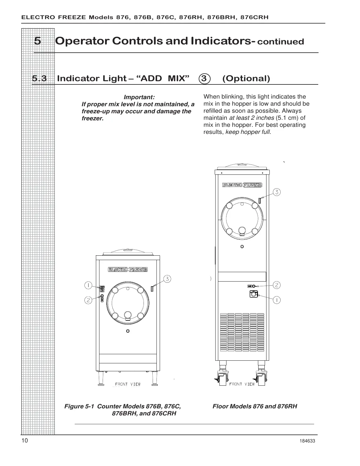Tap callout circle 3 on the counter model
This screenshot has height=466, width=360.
tap(167, 279)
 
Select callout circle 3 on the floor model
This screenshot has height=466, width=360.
tap(277, 192)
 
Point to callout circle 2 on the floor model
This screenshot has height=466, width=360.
tap(277, 285)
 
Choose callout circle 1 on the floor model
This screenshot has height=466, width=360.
tap(277, 300)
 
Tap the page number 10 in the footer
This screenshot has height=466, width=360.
tap(25, 440)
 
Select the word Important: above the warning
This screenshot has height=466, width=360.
tap(139, 97)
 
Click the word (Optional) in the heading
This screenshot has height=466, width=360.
tap(246, 79)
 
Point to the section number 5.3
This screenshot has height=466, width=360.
tap(39, 79)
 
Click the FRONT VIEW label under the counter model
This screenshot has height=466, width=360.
tap(128, 384)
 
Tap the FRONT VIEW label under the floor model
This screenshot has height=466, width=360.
tap(242, 384)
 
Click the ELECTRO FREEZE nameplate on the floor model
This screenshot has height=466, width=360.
tap(242, 185)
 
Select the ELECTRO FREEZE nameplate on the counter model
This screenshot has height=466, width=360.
tap(128, 269)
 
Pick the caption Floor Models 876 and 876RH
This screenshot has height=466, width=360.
tap(255, 406)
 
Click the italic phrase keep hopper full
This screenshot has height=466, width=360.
tap(247, 132)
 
